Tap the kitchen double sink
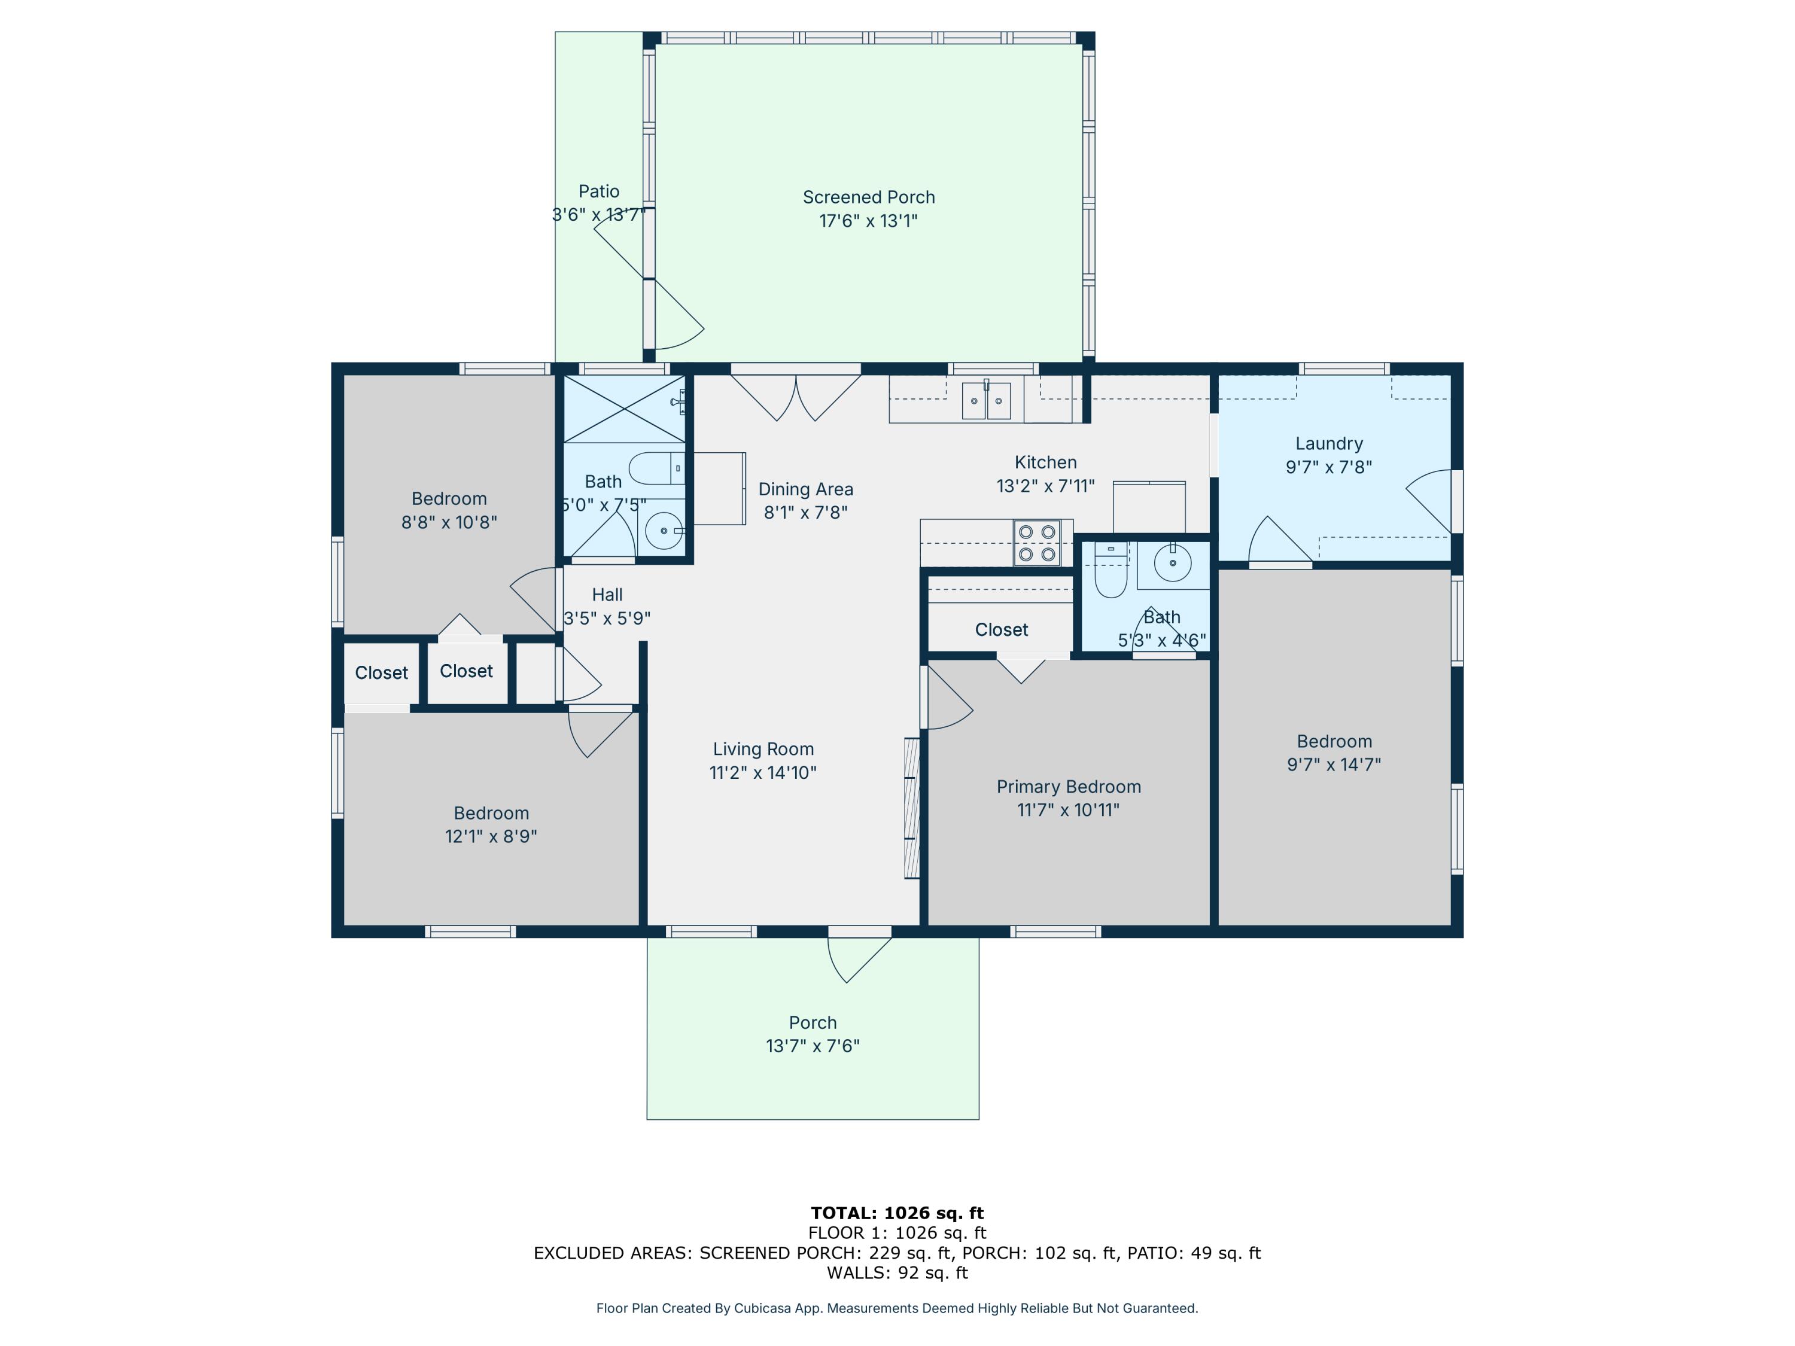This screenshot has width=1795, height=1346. (x=986, y=400)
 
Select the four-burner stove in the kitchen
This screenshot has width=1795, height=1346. (x=1037, y=543)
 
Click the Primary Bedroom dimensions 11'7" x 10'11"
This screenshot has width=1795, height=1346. (x=1068, y=810)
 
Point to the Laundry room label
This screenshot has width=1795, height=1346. (x=1328, y=444)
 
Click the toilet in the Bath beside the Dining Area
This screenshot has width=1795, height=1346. (x=658, y=468)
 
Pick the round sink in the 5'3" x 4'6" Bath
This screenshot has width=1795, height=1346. (x=1173, y=562)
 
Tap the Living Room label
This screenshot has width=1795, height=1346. (x=763, y=749)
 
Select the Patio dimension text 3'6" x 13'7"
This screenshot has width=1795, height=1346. (x=599, y=215)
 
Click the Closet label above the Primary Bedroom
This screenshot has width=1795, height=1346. (x=1002, y=629)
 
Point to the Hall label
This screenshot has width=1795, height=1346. (x=607, y=595)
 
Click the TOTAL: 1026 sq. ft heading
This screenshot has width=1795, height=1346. (x=897, y=1213)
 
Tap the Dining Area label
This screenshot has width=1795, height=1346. (x=806, y=489)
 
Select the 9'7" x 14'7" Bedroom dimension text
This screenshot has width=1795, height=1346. (x=1334, y=765)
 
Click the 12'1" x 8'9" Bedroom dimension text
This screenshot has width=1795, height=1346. (x=491, y=836)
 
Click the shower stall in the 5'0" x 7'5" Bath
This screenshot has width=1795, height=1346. (x=624, y=409)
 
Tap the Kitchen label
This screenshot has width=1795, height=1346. (x=1045, y=462)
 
